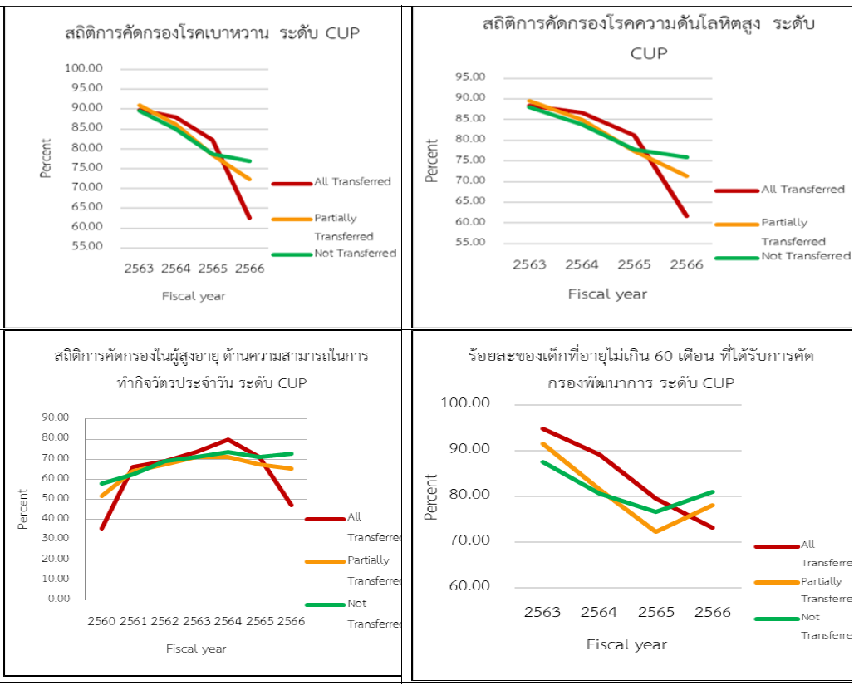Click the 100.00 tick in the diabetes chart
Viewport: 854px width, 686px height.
tap(83, 68)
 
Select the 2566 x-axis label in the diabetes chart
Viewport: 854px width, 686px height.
tap(250, 268)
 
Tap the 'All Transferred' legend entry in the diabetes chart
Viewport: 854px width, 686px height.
tap(352, 181)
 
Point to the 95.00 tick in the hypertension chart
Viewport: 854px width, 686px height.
tap(470, 77)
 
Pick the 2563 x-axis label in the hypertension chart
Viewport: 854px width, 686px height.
tap(529, 264)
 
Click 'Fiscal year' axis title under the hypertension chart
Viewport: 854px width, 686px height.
tap(607, 294)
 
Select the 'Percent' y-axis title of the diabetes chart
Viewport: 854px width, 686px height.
tap(47, 158)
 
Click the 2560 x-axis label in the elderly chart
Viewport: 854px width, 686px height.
tap(102, 621)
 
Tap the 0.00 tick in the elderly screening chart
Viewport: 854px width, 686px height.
tap(60, 599)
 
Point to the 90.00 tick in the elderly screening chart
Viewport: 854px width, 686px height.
tap(57, 417)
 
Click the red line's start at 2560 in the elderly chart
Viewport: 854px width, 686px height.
tap(102, 528)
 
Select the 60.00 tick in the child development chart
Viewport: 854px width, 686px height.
tap(470, 586)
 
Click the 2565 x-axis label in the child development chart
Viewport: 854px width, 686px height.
tap(655, 612)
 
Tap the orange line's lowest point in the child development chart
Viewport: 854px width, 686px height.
tap(655, 531)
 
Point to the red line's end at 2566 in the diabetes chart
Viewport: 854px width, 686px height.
tap(249, 218)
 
